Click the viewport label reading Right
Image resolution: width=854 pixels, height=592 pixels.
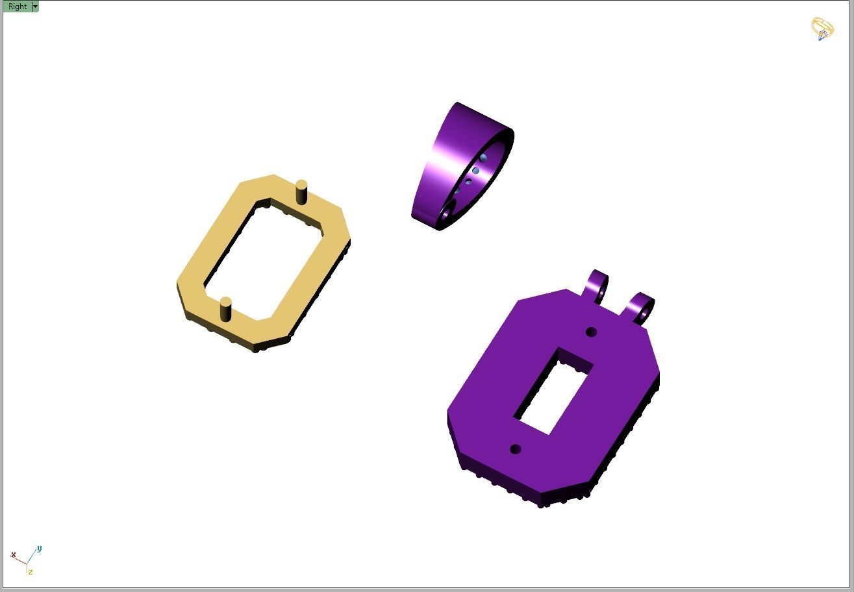click(x=18, y=6)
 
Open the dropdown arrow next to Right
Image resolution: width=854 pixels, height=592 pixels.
click(x=35, y=6)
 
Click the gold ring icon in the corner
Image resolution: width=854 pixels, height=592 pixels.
click(x=822, y=29)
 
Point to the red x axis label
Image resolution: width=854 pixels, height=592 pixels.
click(x=13, y=554)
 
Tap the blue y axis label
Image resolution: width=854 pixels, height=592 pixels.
click(x=39, y=549)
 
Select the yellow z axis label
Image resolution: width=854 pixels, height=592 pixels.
click(x=30, y=572)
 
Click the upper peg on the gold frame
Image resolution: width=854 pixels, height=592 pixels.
click(x=301, y=193)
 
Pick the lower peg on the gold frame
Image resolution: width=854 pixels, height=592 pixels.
click(x=226, y=309)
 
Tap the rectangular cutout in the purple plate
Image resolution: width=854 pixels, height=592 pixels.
click(x=553, y=391)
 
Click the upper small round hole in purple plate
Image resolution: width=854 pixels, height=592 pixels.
click(x=591, y=332)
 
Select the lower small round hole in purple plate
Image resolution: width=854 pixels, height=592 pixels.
click(x=516, y=449)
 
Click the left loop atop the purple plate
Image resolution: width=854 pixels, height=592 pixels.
click(x=597, y=286)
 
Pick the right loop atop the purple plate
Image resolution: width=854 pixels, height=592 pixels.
click(x=642, y=309)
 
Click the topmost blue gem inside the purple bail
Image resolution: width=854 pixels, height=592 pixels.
click(x=484, y=158)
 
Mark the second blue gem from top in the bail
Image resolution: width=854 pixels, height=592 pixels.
click(x=476, y=171)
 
